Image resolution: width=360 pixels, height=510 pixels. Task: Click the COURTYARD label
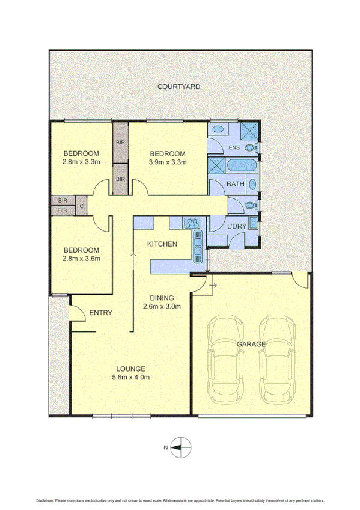tap(178, 87)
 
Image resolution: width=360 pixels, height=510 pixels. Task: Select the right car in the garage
tap(277, 360)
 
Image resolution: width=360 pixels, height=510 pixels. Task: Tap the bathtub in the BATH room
tap(234, 166)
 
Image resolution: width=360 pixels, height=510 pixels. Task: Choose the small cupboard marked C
tap(81, 206)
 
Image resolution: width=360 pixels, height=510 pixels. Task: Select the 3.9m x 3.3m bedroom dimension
tap(168, 161)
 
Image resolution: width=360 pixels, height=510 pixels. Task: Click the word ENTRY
tap(100, 313)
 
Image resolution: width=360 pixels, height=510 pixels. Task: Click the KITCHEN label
tap(162, 244)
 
